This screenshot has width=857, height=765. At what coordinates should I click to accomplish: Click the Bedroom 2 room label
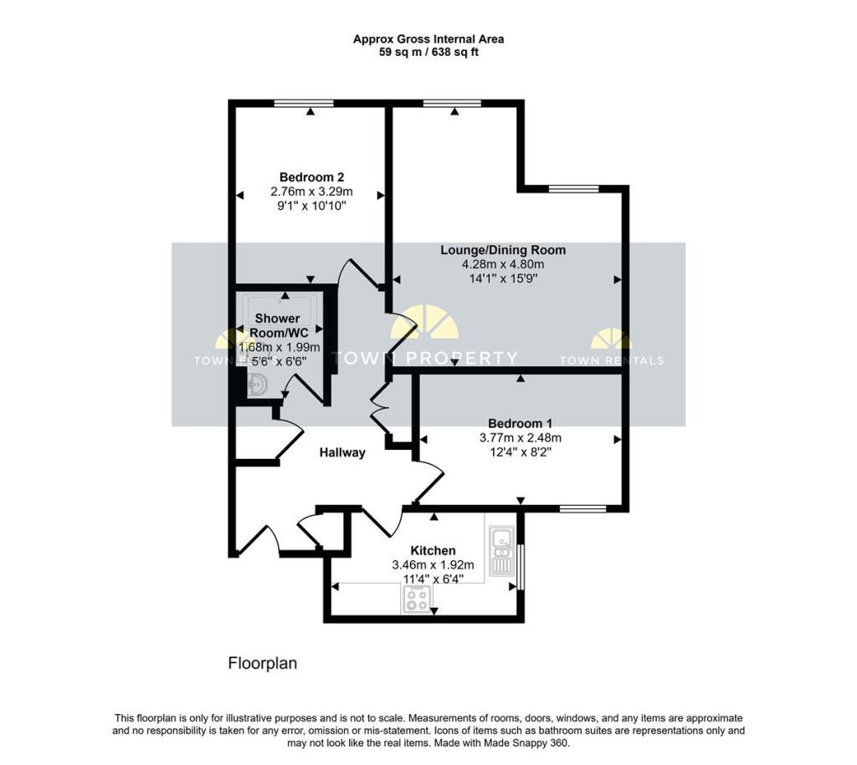311,177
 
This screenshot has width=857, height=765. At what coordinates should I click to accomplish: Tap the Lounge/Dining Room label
503,250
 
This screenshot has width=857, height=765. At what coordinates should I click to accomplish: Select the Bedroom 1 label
520,423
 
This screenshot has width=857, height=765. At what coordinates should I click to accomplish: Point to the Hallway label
342,452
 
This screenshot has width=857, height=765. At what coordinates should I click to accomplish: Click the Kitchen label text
433,550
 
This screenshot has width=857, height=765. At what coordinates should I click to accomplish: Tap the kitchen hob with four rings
416,599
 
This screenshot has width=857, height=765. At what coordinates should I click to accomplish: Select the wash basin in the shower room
257,385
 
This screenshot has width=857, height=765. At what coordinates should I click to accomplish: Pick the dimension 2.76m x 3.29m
311,191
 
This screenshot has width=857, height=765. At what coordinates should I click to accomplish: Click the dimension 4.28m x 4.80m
503,265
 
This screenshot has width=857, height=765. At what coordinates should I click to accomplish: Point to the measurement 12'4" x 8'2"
520,452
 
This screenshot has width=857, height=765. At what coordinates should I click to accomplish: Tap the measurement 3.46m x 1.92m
433,565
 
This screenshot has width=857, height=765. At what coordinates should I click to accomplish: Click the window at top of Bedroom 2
304,103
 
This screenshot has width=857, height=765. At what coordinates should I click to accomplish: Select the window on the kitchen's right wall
521,567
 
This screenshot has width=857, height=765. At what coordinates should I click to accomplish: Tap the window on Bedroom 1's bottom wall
583,509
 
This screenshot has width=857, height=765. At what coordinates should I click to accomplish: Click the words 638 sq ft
455,53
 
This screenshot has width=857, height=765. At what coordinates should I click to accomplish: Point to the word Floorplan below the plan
262,664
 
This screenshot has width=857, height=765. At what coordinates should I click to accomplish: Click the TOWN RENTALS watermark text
612,360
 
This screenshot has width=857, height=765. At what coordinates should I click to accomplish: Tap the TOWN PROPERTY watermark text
425,358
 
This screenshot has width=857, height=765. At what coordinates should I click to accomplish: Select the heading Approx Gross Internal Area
428,39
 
